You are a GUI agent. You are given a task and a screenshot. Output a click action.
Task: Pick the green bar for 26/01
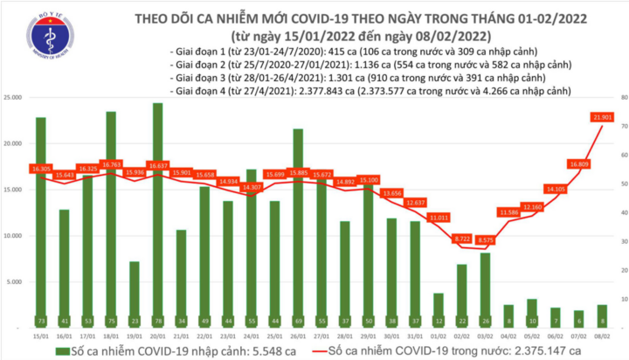pos(298,227)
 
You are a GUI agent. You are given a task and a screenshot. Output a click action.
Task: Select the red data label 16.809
pos(578,163)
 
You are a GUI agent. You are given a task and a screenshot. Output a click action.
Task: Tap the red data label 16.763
pos(111,163)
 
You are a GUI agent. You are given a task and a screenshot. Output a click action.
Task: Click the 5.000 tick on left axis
pos(17,282)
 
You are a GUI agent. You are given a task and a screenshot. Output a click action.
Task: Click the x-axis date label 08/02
pos(602,336)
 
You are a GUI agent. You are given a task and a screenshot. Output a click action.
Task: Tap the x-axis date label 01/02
pos(439,336)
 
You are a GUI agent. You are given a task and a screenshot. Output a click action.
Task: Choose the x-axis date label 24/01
pos(252,336)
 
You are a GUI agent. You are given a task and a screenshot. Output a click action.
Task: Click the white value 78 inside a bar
pos(157,321)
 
